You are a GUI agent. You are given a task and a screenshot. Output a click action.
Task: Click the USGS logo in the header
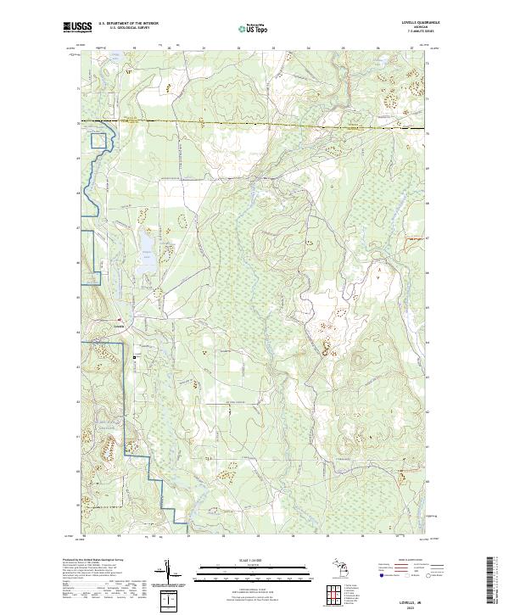click(76, 28)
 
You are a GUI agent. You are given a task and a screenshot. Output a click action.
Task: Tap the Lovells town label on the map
click(120, 325)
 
